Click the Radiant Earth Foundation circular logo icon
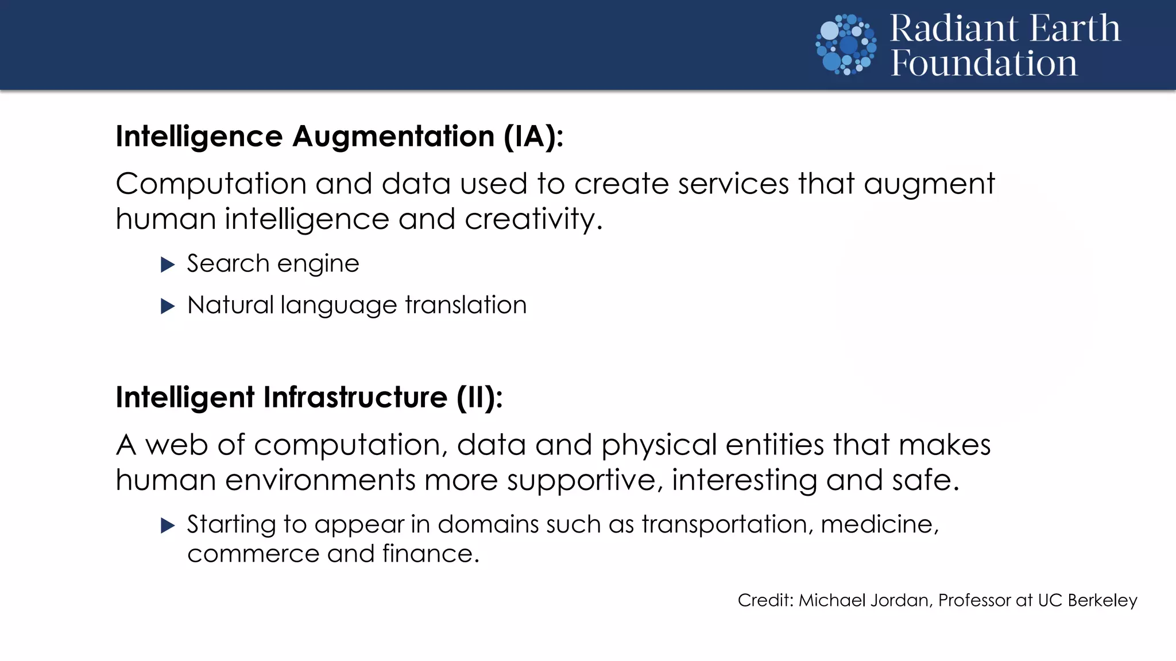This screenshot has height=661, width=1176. pyautogui.click(x=846, y=45)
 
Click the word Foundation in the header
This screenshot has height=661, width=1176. pyautogui.click(x=984, y=63)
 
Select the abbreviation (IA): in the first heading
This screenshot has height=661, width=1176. pyautogui.click(x=533, y=137)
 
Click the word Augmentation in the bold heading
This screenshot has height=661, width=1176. pyautogui.click(x=393, y=137)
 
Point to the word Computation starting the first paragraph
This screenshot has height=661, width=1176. pyautogui.click(x=211, y=184)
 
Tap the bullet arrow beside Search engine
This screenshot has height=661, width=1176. pyautogui.click(x=168, y=265)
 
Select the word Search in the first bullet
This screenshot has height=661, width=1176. pyautogui.click(x=228, y=264)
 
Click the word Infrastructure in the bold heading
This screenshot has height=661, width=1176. pyautogui.click(x=355, y=397)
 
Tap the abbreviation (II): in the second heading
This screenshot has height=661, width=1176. pyautogui.click(x=479, y=398)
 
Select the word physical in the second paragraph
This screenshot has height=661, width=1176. pyautogui.click(x=659, y=445)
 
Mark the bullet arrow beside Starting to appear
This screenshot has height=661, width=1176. pyautogui.click(x=168, y=525)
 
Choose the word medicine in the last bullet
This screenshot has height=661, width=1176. pyautogui.click(x=879, y=524)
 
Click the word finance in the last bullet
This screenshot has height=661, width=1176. pyautogui.click(x=430, y=554)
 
